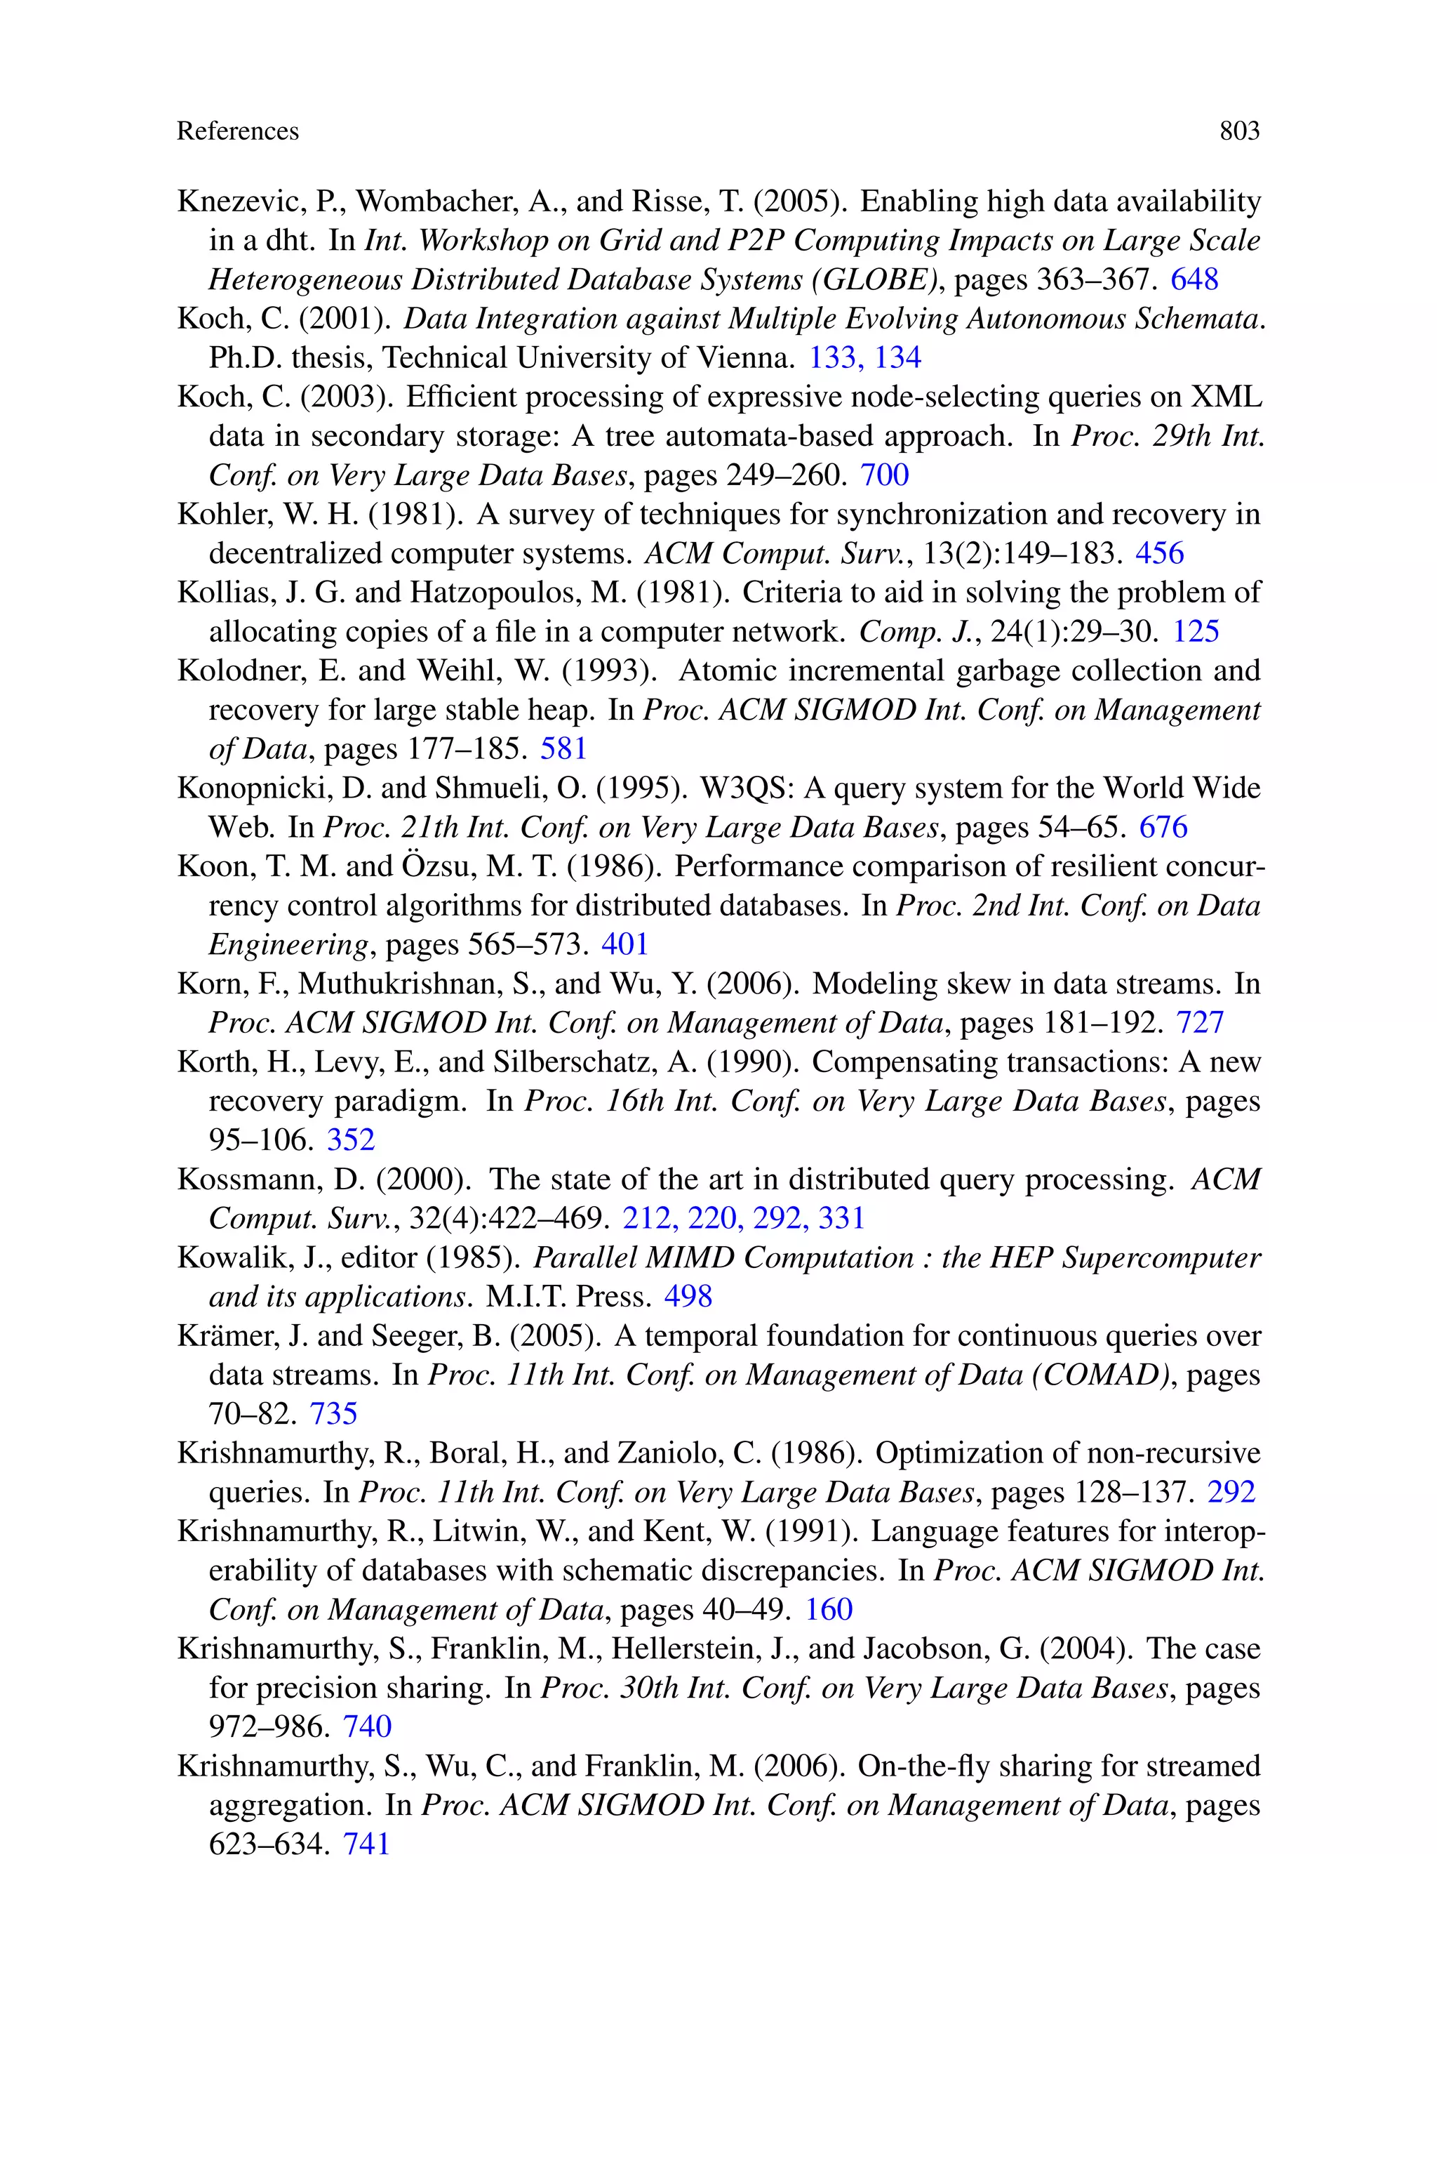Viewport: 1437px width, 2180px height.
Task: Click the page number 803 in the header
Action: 1239,131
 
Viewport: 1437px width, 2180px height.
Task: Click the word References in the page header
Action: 237,131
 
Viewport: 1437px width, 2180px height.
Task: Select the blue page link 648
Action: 1194,279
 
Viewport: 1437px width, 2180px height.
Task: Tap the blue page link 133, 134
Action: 864,357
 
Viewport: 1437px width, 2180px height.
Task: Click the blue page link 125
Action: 1195,632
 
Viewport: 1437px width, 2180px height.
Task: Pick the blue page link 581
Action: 563,749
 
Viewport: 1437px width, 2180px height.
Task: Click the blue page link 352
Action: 351,1139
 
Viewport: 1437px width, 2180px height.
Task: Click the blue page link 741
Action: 366,1844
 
